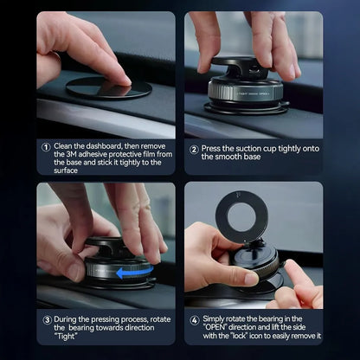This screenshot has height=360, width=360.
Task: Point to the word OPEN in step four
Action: (x=218, y=327)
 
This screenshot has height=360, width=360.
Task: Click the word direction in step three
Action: (x=131, y=327)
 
